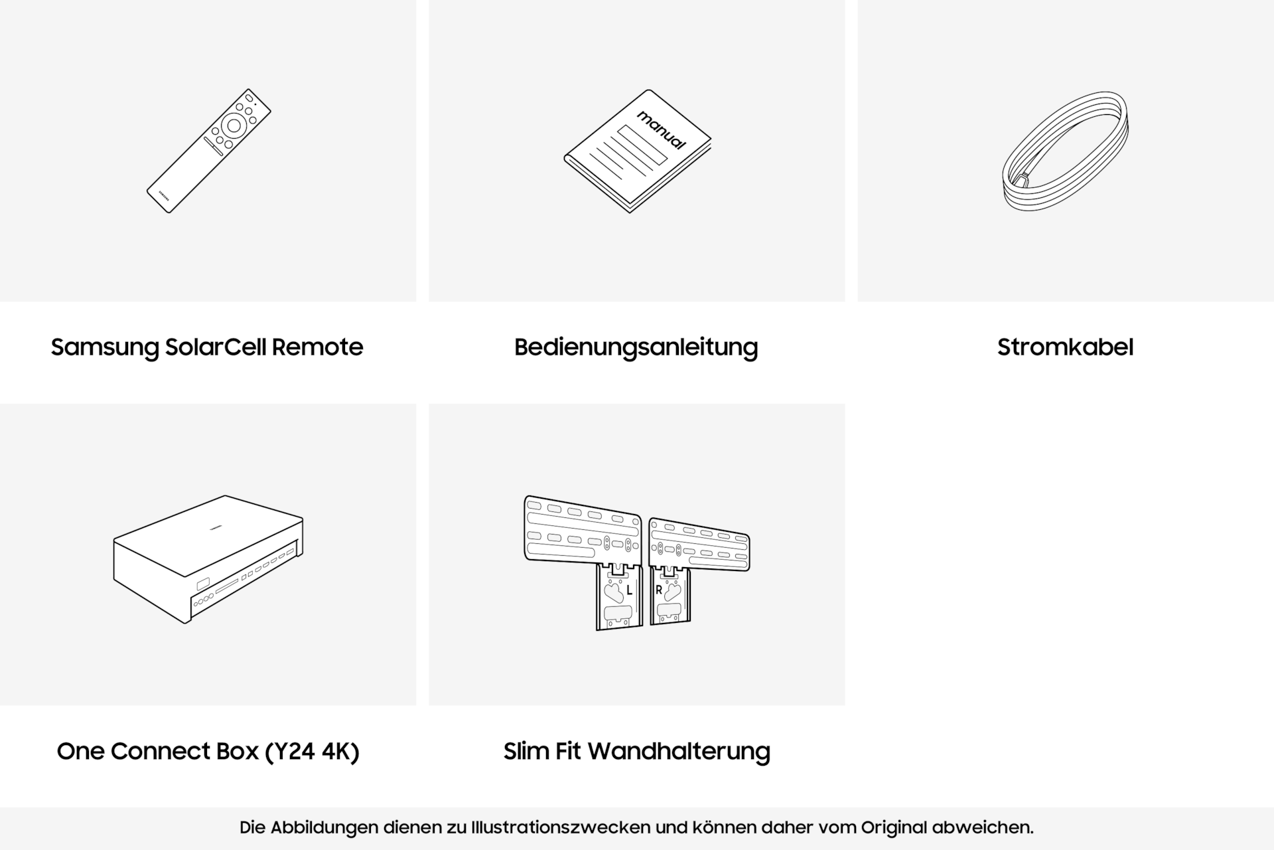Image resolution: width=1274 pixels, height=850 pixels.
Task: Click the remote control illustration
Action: click(x=208, y=151)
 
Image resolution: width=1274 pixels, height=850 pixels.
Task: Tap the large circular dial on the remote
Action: click(x=234, y=125)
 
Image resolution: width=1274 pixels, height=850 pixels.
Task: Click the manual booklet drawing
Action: click(x=637, y=151)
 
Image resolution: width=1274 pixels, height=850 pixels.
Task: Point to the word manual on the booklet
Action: click(x=662, y=130)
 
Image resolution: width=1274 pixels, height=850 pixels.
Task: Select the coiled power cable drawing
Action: click(x=1065, y=151)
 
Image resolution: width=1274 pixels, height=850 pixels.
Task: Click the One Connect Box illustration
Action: click(x=208, y=559)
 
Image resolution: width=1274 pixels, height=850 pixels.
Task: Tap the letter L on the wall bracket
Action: click(x=629, y=590)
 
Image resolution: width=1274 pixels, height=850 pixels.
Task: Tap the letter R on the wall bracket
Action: click(x=658, y=590)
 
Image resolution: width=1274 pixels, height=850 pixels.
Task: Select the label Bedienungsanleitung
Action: click(x=636, y=347)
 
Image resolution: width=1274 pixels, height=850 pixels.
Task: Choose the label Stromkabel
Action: click(x=1065, y=347)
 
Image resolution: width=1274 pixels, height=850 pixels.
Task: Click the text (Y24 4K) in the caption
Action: click(x=312, y=751)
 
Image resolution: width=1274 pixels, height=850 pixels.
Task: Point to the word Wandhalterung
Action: click(x=679, y=751)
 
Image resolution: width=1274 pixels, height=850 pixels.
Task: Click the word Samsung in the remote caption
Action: click(x=105, y=347)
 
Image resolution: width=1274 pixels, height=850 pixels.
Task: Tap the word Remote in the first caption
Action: click(x=317, y=347)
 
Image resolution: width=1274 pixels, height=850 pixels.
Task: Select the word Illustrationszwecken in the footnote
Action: click(x=560, y=827)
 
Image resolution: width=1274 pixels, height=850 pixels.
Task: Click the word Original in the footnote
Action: click(x=894, y=827)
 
